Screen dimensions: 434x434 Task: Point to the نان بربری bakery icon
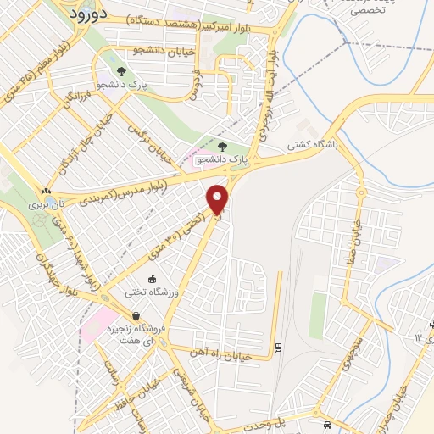46,192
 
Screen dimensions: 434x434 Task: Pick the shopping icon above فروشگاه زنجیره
136,316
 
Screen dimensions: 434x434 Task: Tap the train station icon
279,346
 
